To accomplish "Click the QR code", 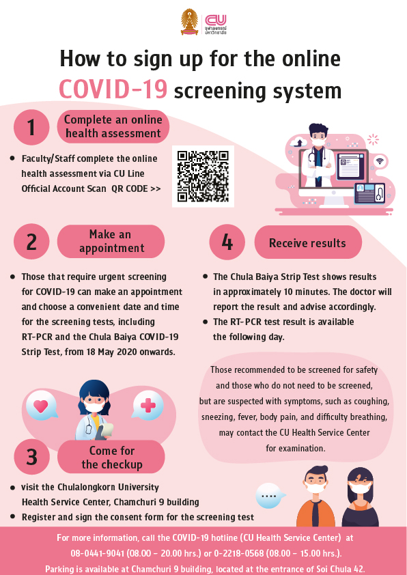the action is [x=203, y=176].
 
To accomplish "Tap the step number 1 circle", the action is [x=31, y=127].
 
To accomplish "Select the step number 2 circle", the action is [x=31, y=242].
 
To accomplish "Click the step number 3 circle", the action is [x=31, y=457].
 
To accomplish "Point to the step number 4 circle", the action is [x=227, y=242].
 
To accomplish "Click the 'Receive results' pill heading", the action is [x=308, y=242].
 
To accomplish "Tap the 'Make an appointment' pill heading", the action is [x=111, y=241].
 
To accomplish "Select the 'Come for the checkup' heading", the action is [x=111, y=457].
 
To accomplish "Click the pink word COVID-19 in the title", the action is [x=113, y=90].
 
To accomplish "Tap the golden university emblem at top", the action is [x=190, y=22].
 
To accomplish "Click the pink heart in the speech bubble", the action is [x=41, y=405].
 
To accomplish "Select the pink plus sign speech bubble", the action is [x=148, y=405].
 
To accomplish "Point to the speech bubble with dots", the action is [x=270, y=496].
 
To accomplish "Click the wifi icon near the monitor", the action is [x=380, y=161].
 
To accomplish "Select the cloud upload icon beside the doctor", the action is [x=298, y=142].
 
